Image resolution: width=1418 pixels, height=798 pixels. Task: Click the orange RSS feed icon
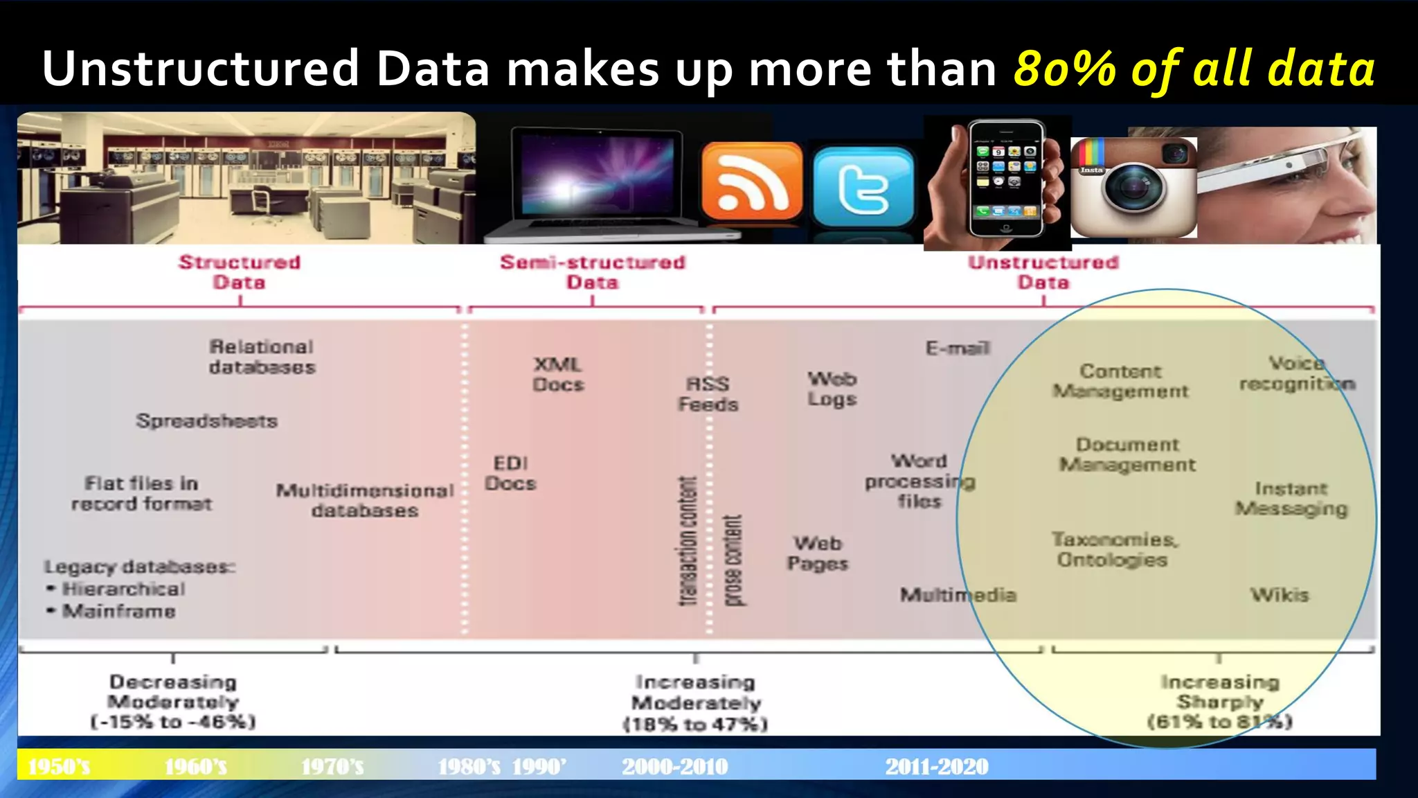[x=751, y=183]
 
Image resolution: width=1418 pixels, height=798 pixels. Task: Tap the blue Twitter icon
[x=863, y=186]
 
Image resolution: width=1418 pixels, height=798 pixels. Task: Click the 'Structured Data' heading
[x=240, y=272]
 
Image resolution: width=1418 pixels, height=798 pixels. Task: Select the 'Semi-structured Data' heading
[x=593, y=272]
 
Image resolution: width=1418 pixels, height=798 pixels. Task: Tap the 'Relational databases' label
[x=262, y=357]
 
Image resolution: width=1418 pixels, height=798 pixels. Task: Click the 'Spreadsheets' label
[x=207, y=420]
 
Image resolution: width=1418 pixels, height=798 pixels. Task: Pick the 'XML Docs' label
[x=558, y=374]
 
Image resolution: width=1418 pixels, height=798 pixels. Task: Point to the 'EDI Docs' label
[x=510, y=473]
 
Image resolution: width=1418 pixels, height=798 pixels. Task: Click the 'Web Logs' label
[x=832, y=389]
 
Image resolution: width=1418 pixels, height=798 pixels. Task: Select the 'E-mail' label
[x=958, y=348]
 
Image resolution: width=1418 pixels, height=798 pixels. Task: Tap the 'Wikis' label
[x=1280, y=595]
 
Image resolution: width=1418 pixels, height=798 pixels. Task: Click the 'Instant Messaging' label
[x=1291, y=499]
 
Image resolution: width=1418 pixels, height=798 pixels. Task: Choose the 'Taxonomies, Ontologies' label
[x=1113, y=549]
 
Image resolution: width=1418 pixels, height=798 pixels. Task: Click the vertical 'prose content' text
[x=733, y=560]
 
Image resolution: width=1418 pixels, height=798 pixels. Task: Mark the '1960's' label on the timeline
[x=196, y=767]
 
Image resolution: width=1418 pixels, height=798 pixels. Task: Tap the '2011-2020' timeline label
[x=937, y=767]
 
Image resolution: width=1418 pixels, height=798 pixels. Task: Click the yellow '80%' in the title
[x=1065, y=69]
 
